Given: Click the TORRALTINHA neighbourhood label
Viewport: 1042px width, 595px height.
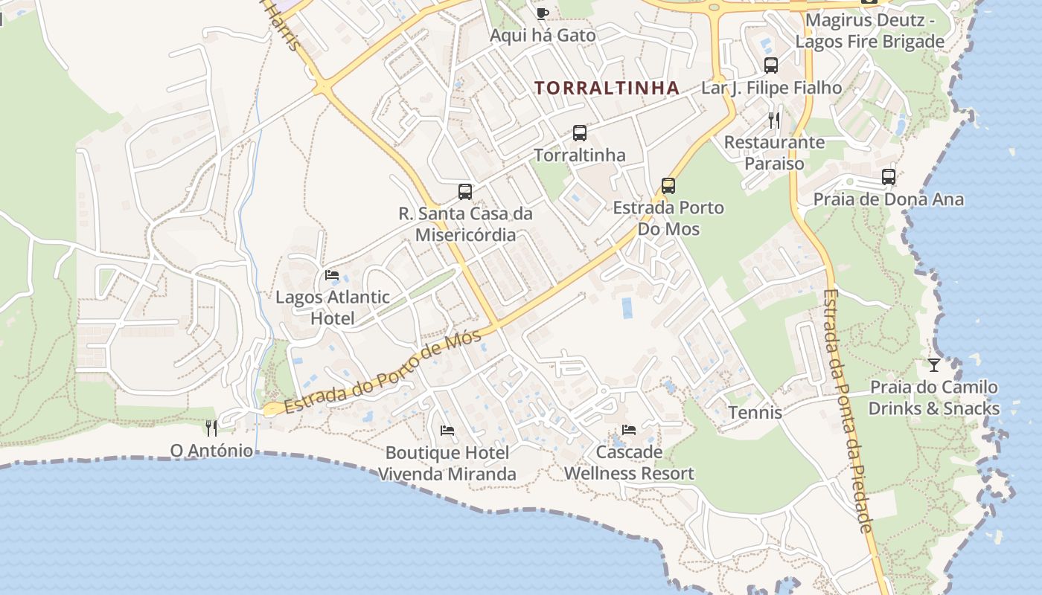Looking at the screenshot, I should (x=607, y=88).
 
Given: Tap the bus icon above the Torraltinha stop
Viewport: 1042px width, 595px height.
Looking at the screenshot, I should (x=580, y=133).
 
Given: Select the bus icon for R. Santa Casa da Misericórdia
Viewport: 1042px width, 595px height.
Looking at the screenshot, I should (x=465, y=192).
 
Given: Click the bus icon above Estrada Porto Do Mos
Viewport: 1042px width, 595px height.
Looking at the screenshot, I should (x=668, y=186).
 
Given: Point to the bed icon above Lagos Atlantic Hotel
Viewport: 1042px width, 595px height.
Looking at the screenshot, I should (x=332, y=275).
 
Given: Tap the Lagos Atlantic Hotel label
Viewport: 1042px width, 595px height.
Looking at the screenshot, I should (x=333, y=307).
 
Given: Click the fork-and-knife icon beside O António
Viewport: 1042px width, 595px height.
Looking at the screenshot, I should (x=211, y=428).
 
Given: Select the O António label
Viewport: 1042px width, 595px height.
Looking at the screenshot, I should (x=211, y=450).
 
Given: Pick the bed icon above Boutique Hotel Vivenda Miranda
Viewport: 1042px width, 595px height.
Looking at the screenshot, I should (x=447, y=431).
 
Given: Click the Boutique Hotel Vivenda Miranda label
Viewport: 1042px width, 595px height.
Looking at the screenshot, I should (x=447, y=463).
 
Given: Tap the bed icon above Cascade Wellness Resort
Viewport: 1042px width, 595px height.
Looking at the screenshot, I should (x=629, y=430).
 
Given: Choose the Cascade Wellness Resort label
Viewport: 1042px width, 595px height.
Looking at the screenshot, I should (x=629, y=463).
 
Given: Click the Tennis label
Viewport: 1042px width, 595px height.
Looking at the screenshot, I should (x=755, y=412).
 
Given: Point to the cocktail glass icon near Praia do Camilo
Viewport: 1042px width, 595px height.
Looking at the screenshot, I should (x=934, y=364).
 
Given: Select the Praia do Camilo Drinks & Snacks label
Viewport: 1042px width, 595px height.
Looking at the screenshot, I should (x=934, y=397).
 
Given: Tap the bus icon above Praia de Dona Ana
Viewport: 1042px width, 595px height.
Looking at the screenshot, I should (x=889, y=177).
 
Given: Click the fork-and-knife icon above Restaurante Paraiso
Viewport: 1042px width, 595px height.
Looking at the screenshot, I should (x=775, y=119).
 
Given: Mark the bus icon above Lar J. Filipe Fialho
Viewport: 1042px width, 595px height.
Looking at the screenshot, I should (x=771, y=65).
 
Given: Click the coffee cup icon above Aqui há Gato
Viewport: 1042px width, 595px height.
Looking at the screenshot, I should (x=542, y=13).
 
